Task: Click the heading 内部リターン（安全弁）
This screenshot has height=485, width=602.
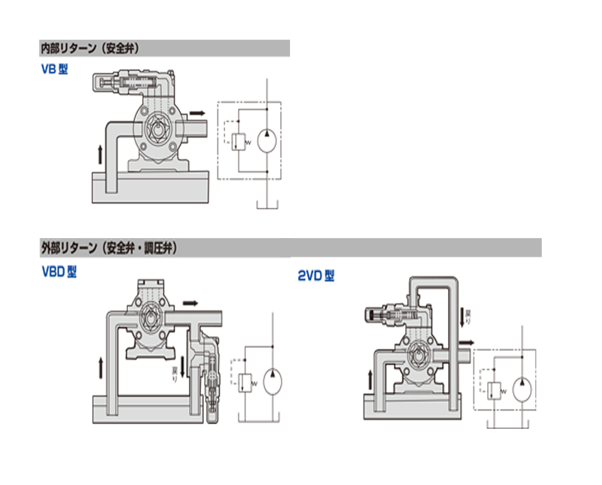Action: point(90,49)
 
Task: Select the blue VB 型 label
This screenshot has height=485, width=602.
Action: point(54,69)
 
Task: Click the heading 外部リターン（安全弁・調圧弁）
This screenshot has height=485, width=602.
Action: point(109,248)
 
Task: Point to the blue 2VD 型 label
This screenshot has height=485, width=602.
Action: point(316,276)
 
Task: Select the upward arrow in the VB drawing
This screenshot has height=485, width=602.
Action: point(101,153)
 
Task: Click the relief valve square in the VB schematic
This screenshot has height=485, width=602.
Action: point(237,141)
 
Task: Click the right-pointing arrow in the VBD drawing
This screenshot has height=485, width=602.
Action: point(194,302)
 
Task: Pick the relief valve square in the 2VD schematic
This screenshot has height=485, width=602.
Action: point(493,391)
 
